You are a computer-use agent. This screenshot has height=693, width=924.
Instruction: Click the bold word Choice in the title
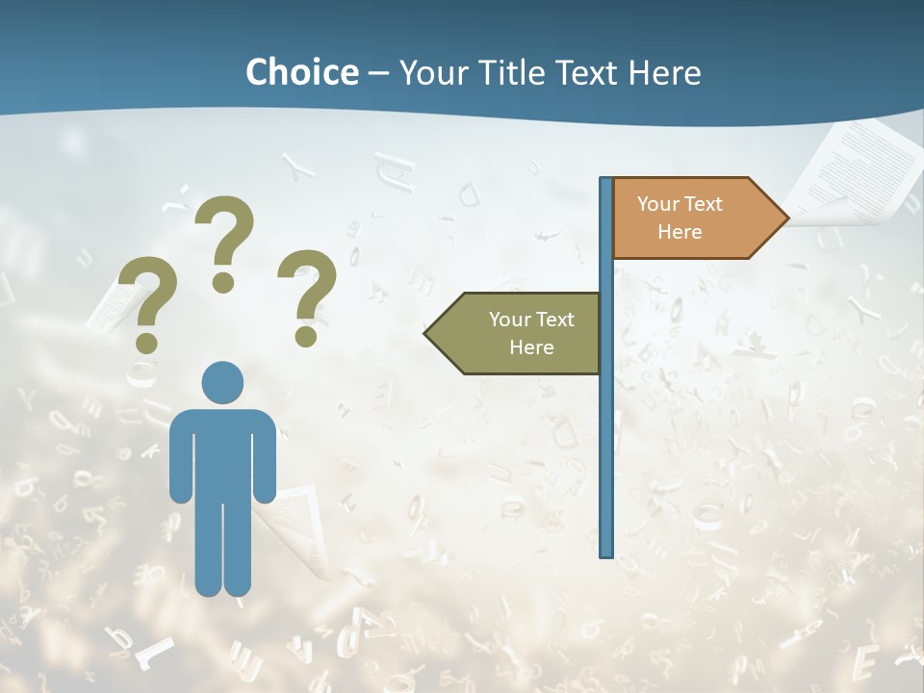[x=301, y=72]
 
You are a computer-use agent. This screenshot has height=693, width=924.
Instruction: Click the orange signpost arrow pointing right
[x=693, y=218]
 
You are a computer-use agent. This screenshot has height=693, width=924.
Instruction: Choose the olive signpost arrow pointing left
[x=520, y=333]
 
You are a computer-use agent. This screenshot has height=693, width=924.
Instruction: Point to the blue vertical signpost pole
[x=606, y=433]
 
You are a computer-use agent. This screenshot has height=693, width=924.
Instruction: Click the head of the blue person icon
[x=222, y=382]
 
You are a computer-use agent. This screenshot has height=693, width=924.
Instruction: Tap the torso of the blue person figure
[x=222, y=452]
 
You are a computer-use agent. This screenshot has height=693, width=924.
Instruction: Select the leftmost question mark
[x=146, y=294]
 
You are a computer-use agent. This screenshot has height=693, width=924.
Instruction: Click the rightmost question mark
[x=308, y=289]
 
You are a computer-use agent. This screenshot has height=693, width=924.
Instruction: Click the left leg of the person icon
[x=209, y=549]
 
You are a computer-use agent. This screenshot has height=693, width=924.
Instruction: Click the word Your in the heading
[x=430, y=72]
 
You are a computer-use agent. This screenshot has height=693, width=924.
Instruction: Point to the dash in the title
[x=378, y=73]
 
